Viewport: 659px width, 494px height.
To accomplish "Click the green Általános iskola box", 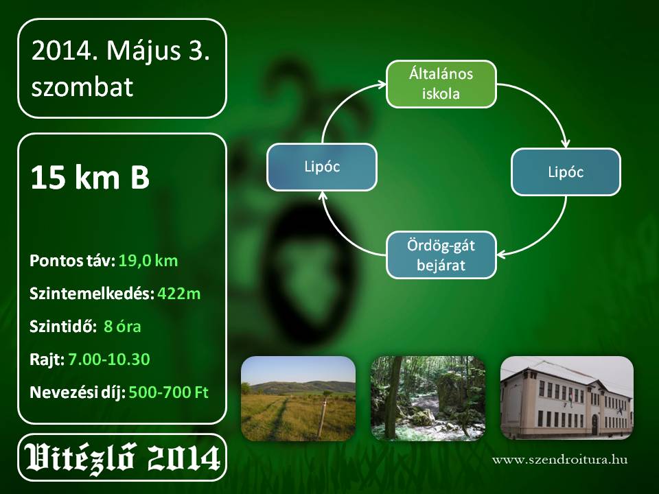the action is [441, 84].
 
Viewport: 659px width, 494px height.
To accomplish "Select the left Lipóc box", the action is [322, 167].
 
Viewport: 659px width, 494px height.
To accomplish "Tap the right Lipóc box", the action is [566, 172].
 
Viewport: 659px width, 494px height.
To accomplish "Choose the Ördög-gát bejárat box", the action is [441, 255].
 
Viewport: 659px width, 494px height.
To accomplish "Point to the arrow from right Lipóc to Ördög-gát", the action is [546, 236].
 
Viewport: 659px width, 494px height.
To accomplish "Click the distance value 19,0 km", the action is [148, 261].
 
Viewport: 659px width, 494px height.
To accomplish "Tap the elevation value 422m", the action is [179, 294].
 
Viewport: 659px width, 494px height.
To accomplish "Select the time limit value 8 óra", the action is [122, 327].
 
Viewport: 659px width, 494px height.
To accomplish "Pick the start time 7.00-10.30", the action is [109, 359].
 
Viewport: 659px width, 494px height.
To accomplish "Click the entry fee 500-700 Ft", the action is [169, 392].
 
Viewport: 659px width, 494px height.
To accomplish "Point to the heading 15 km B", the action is [90, 177].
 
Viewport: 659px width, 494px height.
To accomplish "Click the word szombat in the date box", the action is [82, 86].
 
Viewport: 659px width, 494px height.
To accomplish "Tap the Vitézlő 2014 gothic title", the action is [122, 458].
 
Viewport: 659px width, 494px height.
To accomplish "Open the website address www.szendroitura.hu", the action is [560, 460].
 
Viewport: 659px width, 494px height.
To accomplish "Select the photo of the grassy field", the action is [299, 398].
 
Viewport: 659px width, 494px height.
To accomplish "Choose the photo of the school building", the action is [566, 398].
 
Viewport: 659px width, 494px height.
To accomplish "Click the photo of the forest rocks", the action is [428, 398].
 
